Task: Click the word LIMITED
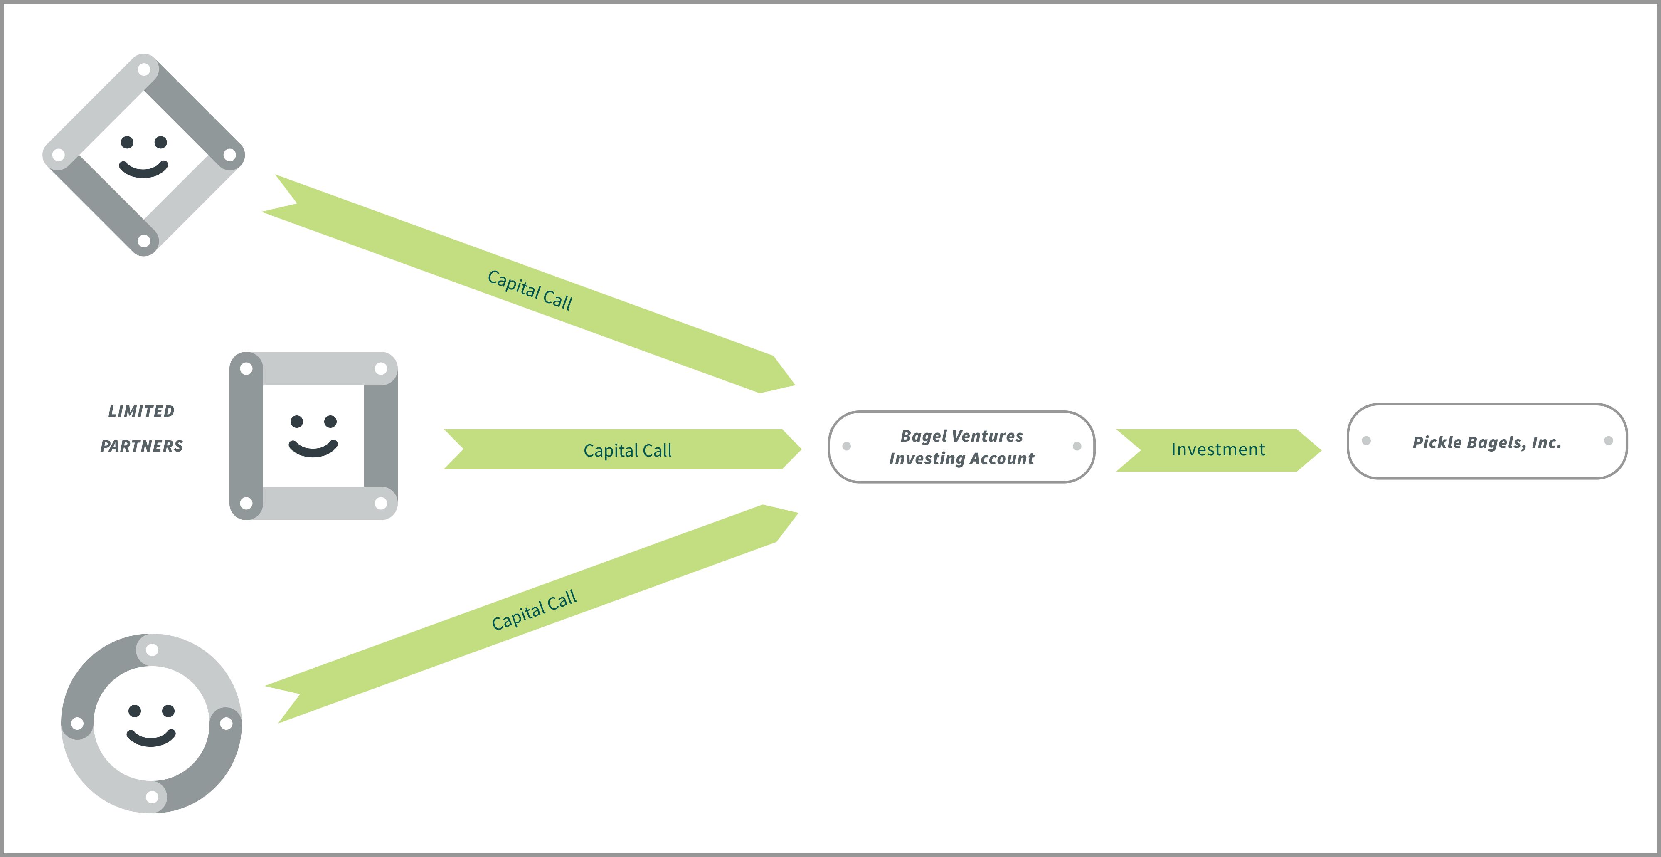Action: (141, 411)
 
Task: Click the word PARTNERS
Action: (141, 446)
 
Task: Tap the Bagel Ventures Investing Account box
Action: (961, 447)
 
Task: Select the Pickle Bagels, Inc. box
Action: (1487, 442)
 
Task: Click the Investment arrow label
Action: (1218, 449)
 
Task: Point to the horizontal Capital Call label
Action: (627, 450)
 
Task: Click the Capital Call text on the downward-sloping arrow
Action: (530, 290)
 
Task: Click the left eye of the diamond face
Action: (128, 142)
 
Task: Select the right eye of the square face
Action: (330, 421)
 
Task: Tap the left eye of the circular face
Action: (135, 711)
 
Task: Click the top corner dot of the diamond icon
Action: (144, 69)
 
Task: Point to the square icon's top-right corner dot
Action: (381, 368)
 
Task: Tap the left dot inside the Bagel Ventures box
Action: (847, 446)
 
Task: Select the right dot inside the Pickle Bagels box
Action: (1608, 440)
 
